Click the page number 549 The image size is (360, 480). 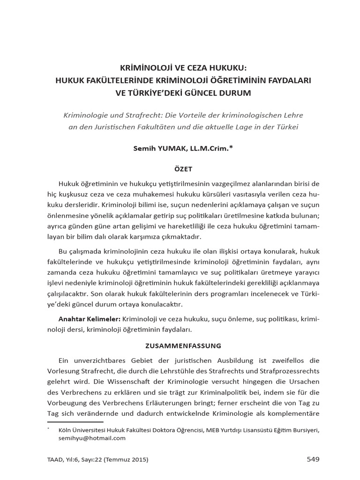(x=313, y=459)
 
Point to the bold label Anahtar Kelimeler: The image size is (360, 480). (x=89, y=319)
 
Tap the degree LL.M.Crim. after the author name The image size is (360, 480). (x=210, y=148)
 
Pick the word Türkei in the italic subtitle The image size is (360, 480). (x=287, y=127)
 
